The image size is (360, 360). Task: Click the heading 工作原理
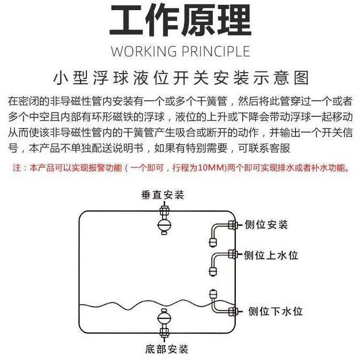(x=180, y=21)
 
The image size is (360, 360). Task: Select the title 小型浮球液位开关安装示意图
(x=180, y=78)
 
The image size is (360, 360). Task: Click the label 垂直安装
(x=163, y=195)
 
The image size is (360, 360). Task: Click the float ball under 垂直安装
(x=163, y=223)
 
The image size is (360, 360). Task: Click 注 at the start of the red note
(x=16, y=168)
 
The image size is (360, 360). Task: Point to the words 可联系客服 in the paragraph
(x=269, y=148)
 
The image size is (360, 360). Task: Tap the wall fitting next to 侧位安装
(x=233, y=225)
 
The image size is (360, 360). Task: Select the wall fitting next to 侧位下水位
(x=233, y=310)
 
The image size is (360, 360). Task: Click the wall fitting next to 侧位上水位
(x=233, y=254)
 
